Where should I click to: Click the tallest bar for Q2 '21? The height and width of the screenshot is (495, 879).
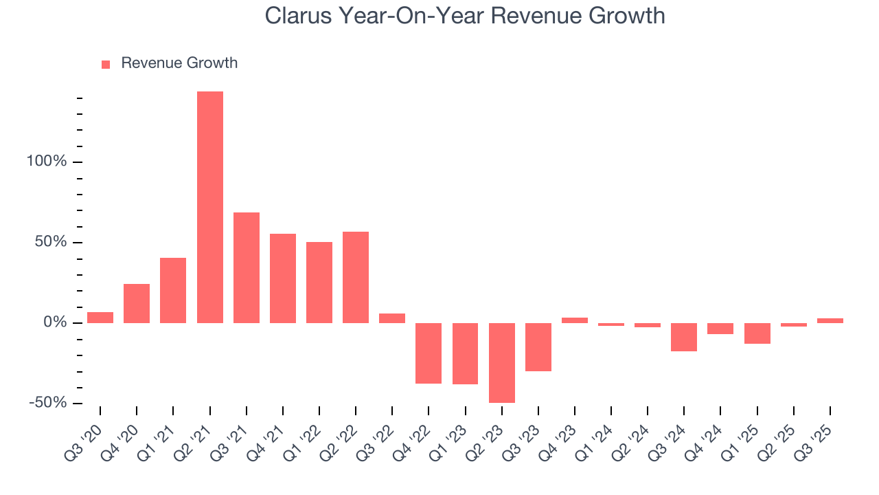tap(210, 207)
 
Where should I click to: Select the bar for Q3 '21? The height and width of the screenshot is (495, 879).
tap(247, 267)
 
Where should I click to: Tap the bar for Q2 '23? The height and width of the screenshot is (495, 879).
tap(502, 362)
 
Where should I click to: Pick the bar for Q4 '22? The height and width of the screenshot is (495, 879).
tap(429, 353)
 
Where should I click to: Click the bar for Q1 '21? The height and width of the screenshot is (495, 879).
tap(173, 290)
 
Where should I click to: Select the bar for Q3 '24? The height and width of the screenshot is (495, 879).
tap(684, 337)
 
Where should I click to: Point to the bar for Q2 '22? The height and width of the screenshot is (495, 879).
tap(356, 277)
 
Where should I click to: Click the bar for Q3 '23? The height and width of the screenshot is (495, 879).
tap(538, 346)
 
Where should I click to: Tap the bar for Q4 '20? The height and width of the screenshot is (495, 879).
tap(137, 303)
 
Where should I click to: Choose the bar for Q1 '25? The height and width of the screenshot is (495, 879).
tap(757, 333)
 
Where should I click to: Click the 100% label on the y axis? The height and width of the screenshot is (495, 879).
tap(46, 162)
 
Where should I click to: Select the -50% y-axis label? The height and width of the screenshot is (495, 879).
tap(47, 403)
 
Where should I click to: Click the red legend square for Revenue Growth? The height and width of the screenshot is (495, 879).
tap(106, 64)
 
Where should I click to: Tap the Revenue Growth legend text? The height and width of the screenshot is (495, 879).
tap(179, 63)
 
